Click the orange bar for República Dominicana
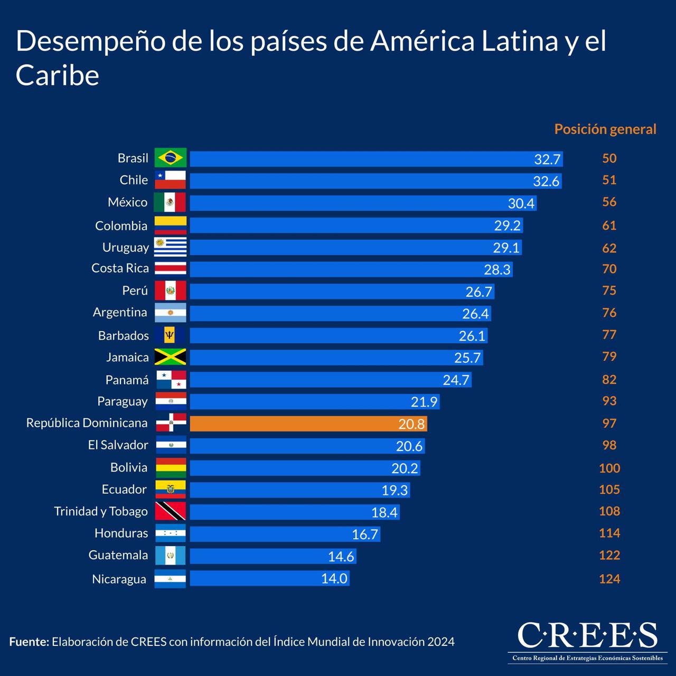coord(308,424)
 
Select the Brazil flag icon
coord(170,157)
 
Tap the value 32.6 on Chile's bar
coord(546,181)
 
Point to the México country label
coord(127,202)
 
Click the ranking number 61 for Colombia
coord(609,226)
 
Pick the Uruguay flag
coord(170,247)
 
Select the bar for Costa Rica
coord(351,269)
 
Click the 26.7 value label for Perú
coord(478,292)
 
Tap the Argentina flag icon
coord(170,313)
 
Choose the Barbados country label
coord(123,335)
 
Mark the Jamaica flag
coord(170,357)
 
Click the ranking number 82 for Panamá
coord(609,379)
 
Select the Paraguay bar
coord(314,401)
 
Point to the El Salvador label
coord(118,445)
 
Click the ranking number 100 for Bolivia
coord(609,468)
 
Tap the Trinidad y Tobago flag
coord(170,511)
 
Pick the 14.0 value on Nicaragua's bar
coord(334,578)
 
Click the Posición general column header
coord(605,129)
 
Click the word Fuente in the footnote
coord(29,642)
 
